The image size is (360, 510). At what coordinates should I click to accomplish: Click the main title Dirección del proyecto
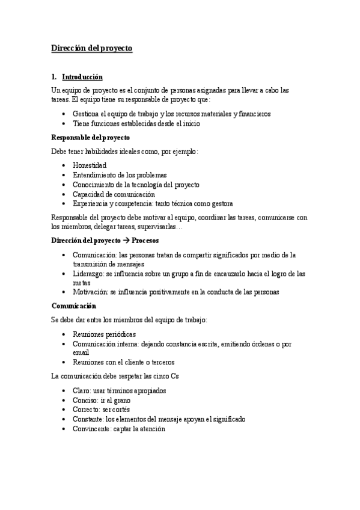point(92,48)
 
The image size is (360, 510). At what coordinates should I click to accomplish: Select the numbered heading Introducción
point(82,78)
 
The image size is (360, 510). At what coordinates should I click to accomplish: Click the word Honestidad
point(90,164)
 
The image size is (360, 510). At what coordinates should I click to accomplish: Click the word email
point(81,352)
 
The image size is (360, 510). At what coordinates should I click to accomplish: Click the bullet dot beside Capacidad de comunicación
point(64,194)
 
